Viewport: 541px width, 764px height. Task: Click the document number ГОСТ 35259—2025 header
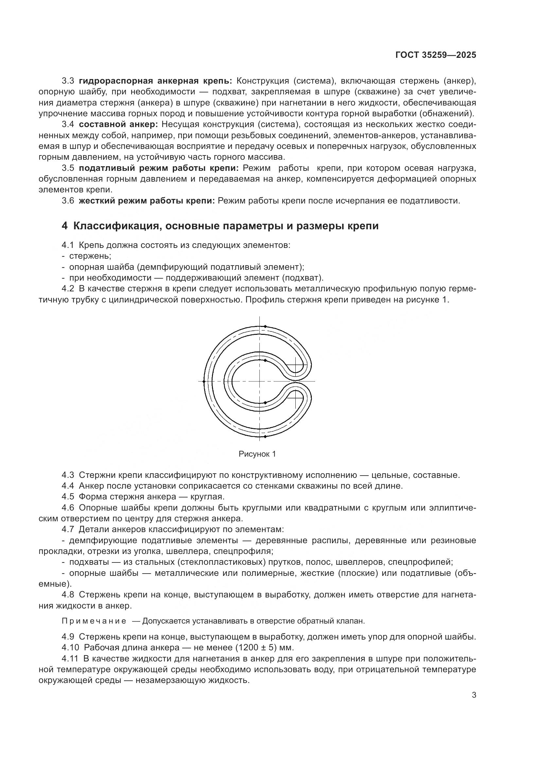435,55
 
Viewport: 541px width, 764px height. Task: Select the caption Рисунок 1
257,454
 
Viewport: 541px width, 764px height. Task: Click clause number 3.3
68,81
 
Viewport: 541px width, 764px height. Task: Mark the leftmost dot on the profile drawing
204,381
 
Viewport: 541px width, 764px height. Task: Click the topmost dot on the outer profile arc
265,326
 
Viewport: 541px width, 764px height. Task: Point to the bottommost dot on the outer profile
265,436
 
